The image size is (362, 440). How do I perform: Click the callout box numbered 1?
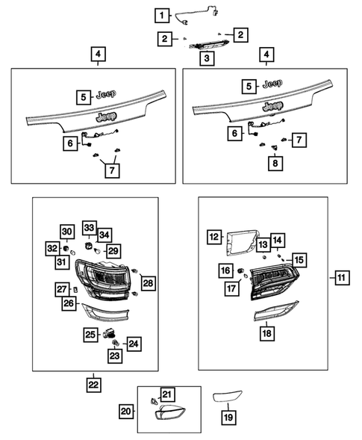click(161, 13)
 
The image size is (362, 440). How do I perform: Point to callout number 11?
click(340, 279)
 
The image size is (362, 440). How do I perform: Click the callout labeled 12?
click(214, 238)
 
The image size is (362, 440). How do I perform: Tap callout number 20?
click(126, 410)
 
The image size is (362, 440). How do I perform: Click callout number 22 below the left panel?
click(93, 384)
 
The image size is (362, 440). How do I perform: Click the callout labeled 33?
click(89, 227)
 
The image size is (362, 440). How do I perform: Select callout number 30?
click(66, 232)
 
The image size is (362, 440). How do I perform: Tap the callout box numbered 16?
click(225, 270)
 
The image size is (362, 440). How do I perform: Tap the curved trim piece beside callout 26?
click(107, 310)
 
